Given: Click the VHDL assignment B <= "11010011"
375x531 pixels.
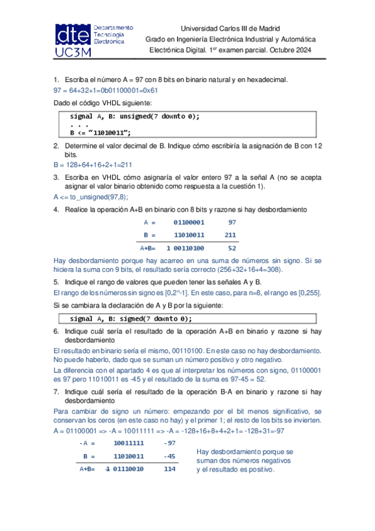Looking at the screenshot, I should tap(101, 132).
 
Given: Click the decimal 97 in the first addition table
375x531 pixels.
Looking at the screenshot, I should tap(232, 223).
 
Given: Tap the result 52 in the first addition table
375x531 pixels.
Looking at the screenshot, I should tap(232, 248).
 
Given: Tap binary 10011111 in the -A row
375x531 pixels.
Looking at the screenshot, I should tap(128, 443).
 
